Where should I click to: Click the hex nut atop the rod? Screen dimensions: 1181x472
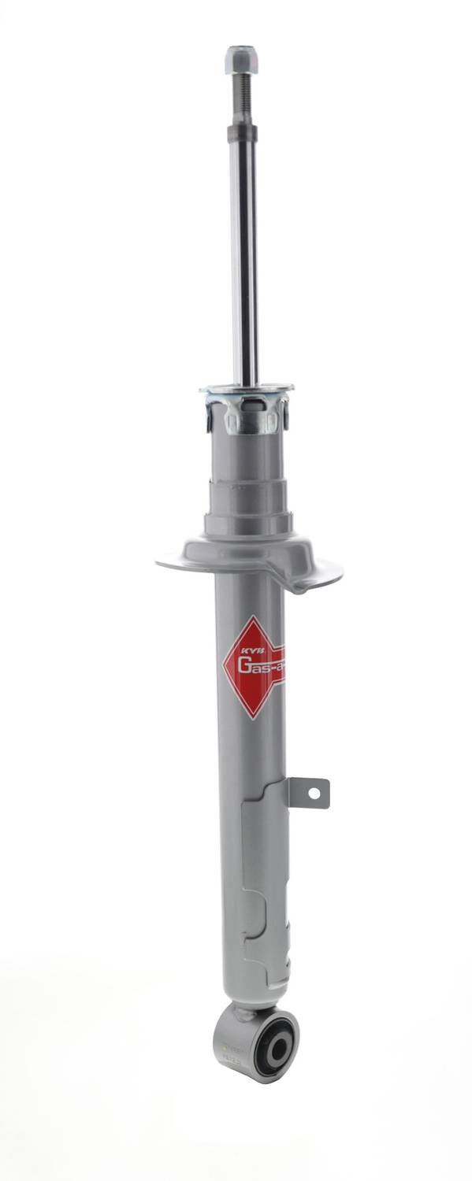241,59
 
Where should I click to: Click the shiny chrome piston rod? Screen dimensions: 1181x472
244,260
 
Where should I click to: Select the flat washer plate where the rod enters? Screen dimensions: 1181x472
247,388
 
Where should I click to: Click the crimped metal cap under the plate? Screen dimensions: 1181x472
247,413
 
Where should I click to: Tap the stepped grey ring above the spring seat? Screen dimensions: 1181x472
247,504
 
